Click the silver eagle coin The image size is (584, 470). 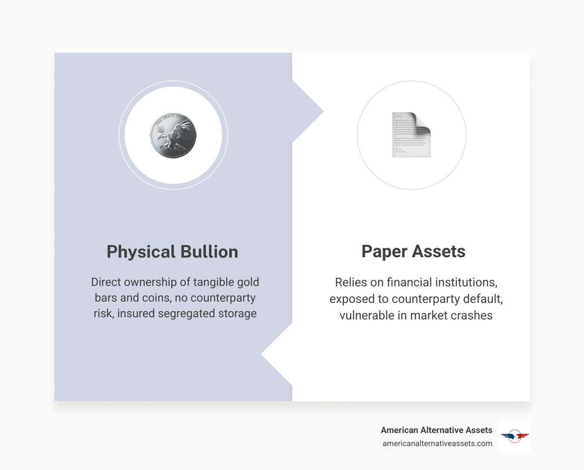tap(173, 135)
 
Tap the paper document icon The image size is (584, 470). tap(411, 135)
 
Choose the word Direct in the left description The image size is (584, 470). tap(106, 282)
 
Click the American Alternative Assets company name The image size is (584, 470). tap(436, 430)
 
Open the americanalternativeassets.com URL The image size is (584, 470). tap(437, 443)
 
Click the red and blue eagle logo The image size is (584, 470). tap(515, 436)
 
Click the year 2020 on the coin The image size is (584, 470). tap(187, 139)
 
